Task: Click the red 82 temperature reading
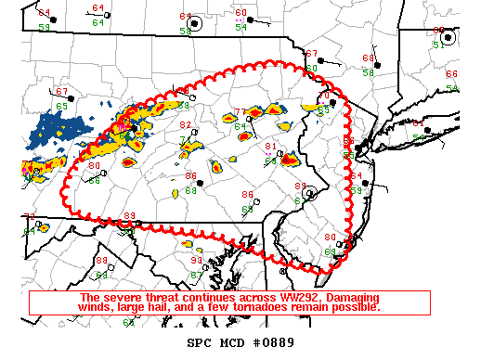pyautogui.click(x=186, y=125)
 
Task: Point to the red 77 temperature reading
pyautogui.click(x=240, y=112)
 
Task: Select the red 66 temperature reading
pyautogui.click(x=451, y=74)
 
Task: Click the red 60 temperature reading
pyautogui.click(x=241, y=13)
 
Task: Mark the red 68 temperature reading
pyautogui.click(x=368, y=58)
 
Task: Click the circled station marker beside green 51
pyautogui.click(x=448, y=37)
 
